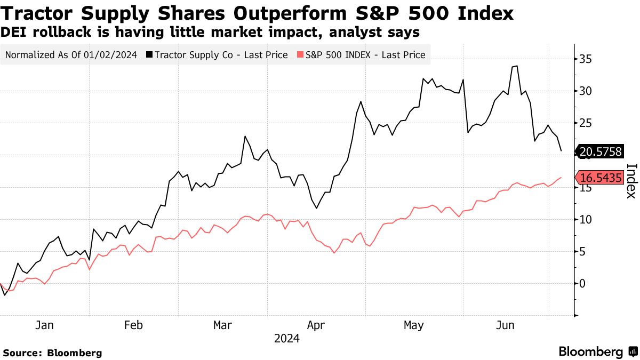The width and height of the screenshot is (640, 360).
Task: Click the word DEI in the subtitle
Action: point(14,33)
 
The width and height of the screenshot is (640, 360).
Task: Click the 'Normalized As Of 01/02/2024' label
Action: point(70,54)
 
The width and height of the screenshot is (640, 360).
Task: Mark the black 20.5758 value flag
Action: point(600,152)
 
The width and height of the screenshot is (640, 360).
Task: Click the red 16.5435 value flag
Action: point(600,178)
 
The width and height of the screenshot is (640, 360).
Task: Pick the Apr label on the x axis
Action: point(316,325)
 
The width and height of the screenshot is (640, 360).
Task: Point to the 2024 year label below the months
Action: point(286,339)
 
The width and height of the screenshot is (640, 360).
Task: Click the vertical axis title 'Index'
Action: point(630,180)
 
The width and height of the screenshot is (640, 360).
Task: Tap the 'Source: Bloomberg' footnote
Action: point(52,353)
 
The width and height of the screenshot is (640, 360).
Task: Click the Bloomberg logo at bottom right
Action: point(597,351)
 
